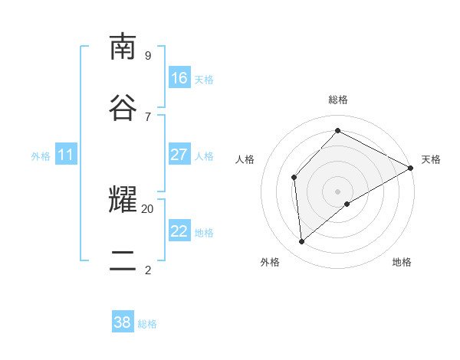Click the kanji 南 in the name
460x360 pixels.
(x=123, y=47)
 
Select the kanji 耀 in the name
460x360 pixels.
(x=123, y=200)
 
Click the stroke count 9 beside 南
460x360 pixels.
(x=147, y=55)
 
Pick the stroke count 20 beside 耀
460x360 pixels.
(x=147, y=208)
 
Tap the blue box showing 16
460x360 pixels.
(x=179, y=78)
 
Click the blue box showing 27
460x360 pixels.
(x=179, y=155)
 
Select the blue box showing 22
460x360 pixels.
(x=179, y=231)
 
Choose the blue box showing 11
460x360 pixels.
(x=66, y=155)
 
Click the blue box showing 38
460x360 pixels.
(x=123, y=322)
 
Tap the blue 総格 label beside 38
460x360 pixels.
(x=147, y=324)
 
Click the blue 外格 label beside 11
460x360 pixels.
(x=41, y=156)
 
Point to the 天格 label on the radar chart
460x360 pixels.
(x=431, y=159)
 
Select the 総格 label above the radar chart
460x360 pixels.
(x=338, y=100)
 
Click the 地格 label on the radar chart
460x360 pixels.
(x=402, y=262)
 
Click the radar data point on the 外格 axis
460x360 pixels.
(x=302, y=242)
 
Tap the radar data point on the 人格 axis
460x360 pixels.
(x=294, y=178)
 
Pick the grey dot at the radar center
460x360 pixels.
(x=338, y=191)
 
